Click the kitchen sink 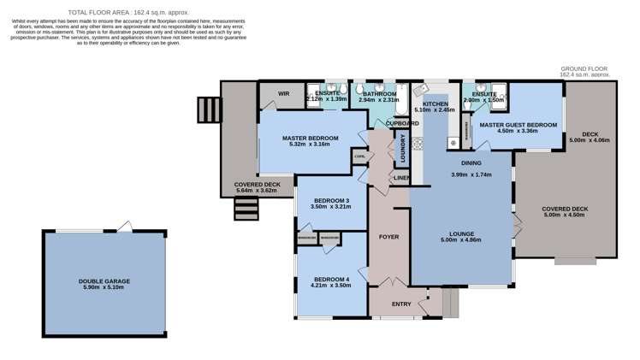tap(419, 89)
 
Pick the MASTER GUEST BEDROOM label tap(518, 125)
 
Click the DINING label tap(471, 162)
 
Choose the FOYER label tap(389, 236)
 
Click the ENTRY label tap(401, 304)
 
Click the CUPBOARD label tap(402, 123)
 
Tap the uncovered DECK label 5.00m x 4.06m tap(590, 139)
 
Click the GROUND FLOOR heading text tap(584, 68)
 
